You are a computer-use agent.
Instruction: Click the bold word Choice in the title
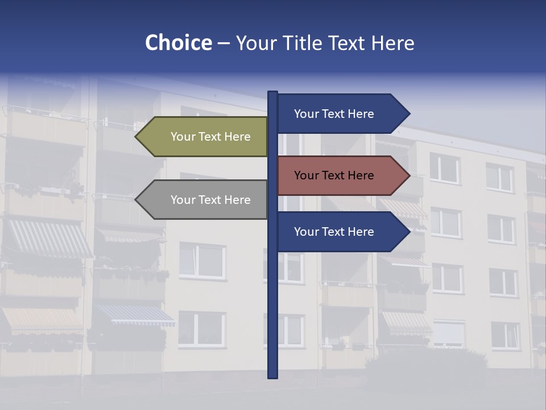tap(178, 43)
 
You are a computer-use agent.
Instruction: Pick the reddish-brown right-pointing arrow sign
tap(341, 175)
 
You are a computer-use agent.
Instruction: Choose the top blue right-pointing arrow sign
tap(341, 114)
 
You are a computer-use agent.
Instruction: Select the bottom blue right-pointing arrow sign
tap(341, 232)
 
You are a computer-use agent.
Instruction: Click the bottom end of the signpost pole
tap(273, 376)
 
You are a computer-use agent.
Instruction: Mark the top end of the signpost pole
tap(273, 93)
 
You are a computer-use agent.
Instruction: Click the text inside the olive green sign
tap(210, 137)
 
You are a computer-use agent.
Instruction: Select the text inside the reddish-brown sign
tap(334, 175)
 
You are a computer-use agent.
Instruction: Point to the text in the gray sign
tap(210, 200)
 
